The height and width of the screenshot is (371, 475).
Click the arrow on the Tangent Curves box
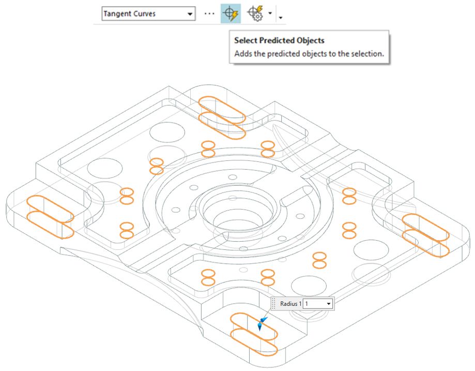190,14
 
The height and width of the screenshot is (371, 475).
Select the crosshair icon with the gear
255,13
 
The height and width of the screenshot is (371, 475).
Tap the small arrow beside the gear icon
270,14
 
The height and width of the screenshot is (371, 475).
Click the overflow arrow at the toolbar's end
280,18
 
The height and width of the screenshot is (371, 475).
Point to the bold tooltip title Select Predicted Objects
279,40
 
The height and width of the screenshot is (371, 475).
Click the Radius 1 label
290,304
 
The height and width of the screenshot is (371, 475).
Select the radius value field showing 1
313,304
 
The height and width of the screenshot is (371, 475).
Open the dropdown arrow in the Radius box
328,304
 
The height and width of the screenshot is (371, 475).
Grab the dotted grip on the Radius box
274,304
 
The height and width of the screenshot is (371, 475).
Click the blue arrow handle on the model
261,324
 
